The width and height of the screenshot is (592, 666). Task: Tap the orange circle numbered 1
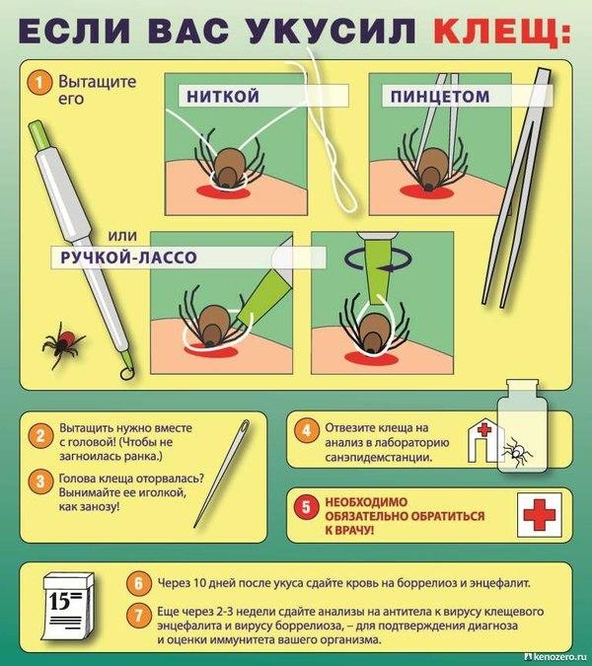tap(39, 82)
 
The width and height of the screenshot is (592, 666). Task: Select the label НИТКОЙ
tap(223, 96)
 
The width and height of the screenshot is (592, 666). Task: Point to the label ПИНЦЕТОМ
tap(440, 97)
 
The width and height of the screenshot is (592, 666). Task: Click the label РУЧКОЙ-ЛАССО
tap(128, 257)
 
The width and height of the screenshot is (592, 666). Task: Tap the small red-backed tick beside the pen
tap(63, 343)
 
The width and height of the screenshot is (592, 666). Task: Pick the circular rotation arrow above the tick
tap(379, 259)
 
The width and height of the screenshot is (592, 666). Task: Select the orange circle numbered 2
tap(40, 436)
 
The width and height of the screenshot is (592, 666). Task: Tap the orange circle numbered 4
tap(306, 431)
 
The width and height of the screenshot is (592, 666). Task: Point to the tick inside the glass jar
tap(516, 452)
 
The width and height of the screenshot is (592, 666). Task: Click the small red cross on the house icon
tap(483, 430)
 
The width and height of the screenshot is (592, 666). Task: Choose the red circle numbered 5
tap(306, 506)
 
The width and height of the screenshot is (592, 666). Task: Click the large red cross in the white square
tap(540, 514)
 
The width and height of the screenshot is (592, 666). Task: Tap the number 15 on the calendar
tap(59, 601)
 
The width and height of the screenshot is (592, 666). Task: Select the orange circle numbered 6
tap(139, 583)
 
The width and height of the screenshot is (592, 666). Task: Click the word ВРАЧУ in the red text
tap(354, 530)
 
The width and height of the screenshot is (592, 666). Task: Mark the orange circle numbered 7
tap(139, 615)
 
